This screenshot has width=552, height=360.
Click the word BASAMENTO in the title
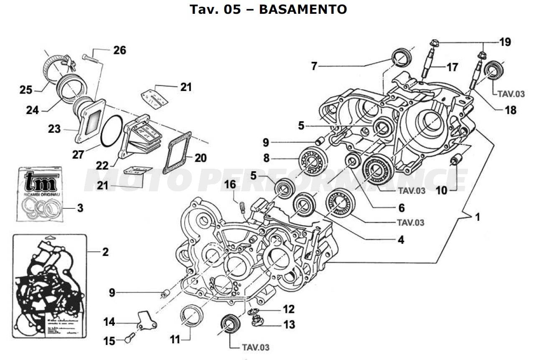point(303,9)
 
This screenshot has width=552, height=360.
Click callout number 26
point(119,51)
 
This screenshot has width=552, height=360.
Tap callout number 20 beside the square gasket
point(200,157)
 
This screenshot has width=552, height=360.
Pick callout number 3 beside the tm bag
point(79,208)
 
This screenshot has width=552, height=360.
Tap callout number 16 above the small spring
point(230,184)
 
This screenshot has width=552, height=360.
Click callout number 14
point(109,322)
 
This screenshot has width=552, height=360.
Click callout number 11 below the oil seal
point(175,340)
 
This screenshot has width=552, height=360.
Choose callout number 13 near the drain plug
point(289,324)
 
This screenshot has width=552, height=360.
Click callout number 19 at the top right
point(504,42)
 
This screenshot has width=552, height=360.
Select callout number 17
point(452,67)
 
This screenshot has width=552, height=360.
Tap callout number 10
point(441,190)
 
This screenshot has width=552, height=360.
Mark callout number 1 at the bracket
point(476,217)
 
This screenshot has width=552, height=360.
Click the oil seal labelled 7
point(402,57)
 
